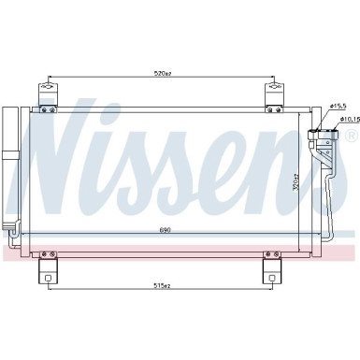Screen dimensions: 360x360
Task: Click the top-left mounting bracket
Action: (45, 94)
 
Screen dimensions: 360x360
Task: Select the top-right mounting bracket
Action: (274, 94)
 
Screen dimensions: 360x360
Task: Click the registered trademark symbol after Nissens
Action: (351, 137)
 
